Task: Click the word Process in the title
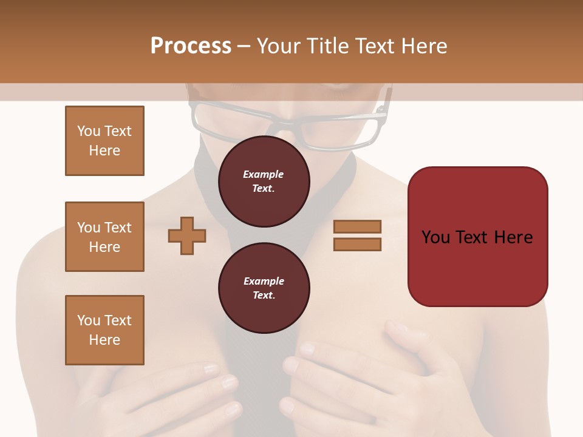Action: [x=191, y=46]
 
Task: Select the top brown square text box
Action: [x=104, y=141]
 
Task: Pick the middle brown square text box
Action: [x=104, y=237]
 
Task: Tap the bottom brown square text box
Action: [x=104, y=330]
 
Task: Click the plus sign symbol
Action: [x=187, y=235]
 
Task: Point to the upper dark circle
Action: [x=264, y=181]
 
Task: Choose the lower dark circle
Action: [x=264, y=288]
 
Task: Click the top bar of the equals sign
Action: [x=357, y=227]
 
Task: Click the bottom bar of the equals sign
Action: [x=357, y=245]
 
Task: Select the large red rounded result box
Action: [x=477, y=237]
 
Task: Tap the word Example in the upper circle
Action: [x=264, y=175]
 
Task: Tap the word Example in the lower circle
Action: [x=264, y=282]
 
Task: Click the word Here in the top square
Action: [x=104, y=151]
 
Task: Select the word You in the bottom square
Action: [x=88, y=320]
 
